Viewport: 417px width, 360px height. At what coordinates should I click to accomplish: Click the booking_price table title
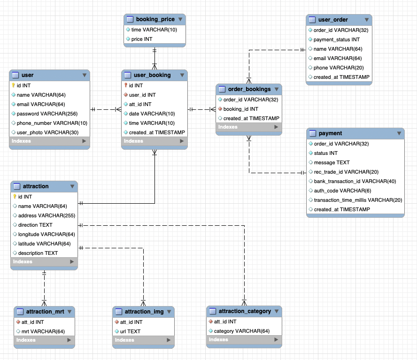coord(155,19)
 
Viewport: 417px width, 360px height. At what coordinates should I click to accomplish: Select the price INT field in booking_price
coord(141,39)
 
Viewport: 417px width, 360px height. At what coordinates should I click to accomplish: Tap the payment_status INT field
coord(336,39)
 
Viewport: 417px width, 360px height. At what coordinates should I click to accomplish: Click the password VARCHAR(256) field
coord(47,114)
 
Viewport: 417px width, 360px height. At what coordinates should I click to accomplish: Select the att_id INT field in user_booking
coord(140,104)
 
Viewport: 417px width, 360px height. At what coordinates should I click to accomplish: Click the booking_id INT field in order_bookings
coord(240,109)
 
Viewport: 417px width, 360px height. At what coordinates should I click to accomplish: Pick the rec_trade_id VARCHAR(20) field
coord(346,172)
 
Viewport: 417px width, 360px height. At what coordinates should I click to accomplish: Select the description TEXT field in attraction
coord(38,253)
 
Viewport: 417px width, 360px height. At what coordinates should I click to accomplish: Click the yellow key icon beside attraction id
coord(15,197)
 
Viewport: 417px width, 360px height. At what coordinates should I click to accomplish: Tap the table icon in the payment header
coord(313,133)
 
